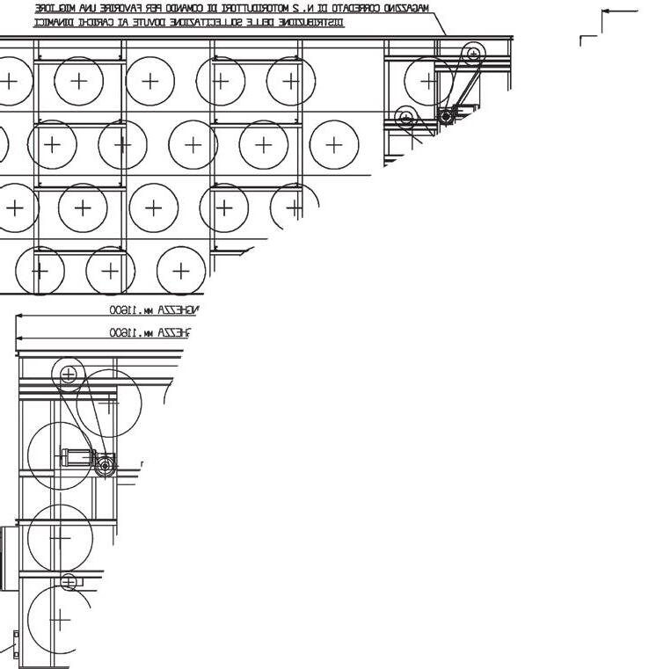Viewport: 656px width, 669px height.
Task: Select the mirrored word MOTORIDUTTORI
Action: tap(290, 8)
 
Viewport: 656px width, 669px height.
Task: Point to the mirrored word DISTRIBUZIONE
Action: tap(312, 22)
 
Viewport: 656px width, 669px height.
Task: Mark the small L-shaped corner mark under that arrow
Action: tap(586, 40)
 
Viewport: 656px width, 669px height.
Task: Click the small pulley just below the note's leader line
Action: tap(474, 53)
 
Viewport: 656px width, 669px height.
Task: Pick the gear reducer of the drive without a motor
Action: tap(446, 115)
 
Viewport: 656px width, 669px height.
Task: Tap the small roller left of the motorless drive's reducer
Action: tap(405, 115)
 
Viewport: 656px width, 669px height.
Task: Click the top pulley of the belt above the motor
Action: tap(67, 374)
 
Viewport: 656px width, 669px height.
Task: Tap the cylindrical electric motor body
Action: tap(77, 456)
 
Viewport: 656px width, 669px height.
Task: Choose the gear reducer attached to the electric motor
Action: tap(105, 464)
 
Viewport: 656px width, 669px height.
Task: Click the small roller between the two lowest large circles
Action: tap(69, 581)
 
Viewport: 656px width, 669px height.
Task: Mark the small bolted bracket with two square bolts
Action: tap(15, 644)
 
